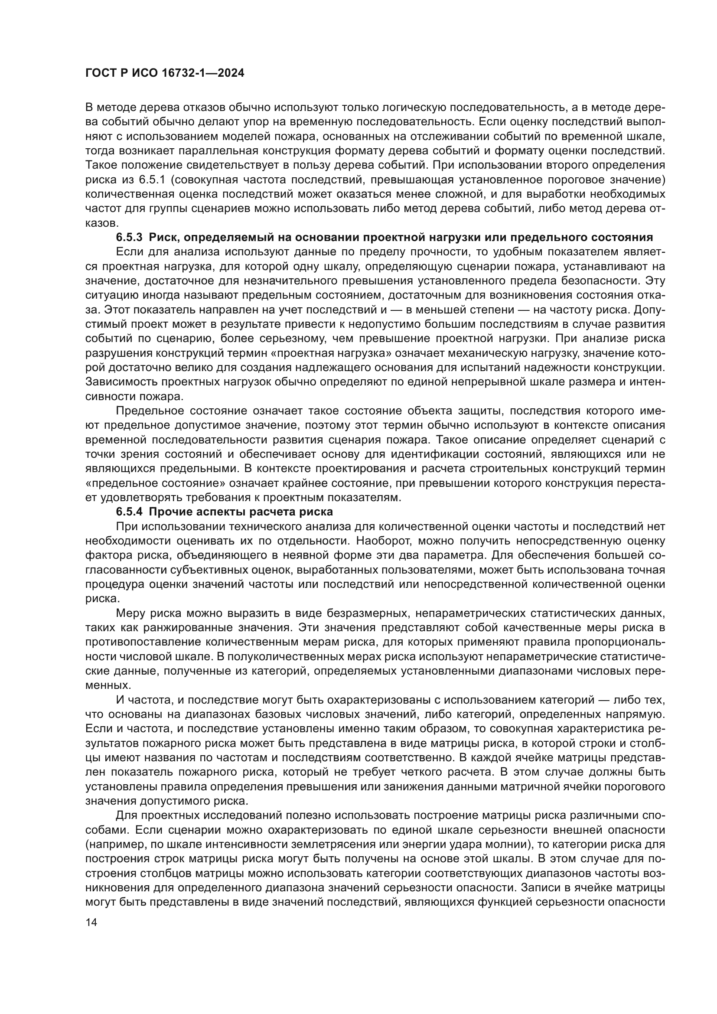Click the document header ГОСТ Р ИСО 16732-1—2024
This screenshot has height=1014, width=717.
click(x=164, y=73)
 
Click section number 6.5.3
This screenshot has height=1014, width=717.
click(x=129, y=238)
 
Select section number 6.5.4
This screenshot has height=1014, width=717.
click(x=129, y=512)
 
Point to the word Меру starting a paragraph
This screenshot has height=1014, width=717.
click(x=129, y=613)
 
